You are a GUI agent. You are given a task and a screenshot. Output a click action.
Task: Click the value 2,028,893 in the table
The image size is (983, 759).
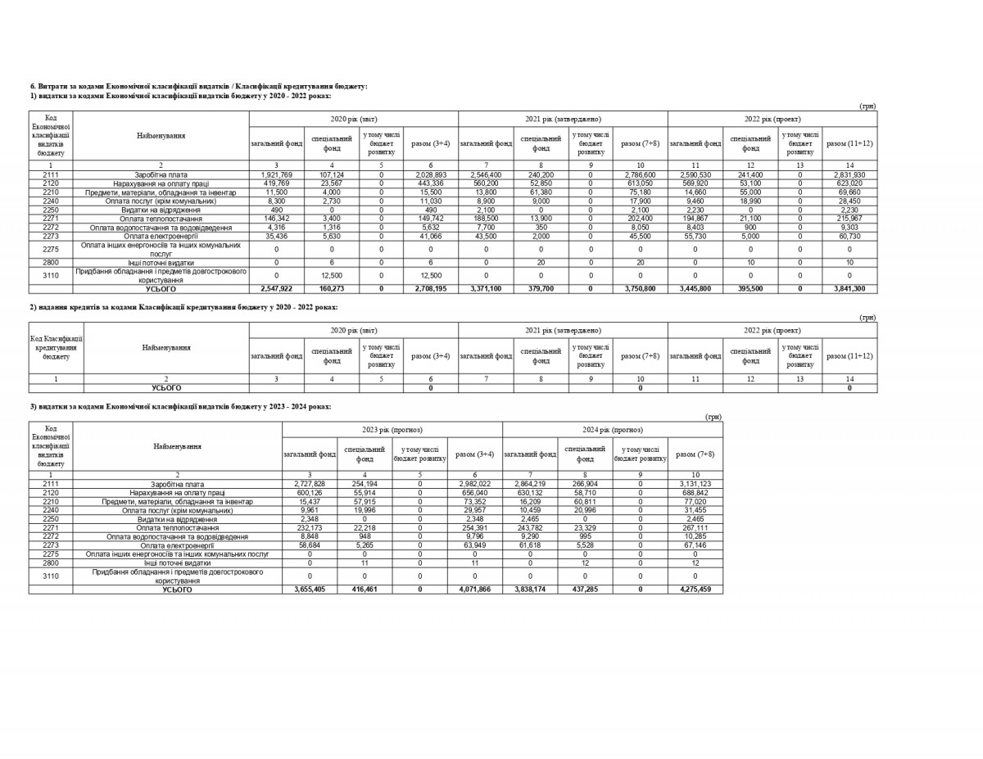point(431,174)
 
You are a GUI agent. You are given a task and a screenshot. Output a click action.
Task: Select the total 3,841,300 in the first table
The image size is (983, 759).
point(849,289)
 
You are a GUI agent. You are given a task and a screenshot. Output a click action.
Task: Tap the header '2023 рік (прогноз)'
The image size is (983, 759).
point(392,430)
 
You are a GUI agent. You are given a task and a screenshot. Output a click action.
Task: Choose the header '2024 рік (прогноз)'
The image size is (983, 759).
point(613,430)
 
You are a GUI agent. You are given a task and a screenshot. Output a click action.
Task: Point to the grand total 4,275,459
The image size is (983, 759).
point(695,590)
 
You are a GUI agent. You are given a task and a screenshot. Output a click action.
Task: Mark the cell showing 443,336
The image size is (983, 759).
point(431,183)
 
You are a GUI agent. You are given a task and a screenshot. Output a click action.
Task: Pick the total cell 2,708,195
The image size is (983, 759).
point(431,289)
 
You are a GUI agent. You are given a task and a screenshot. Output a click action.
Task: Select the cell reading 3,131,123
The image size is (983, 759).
point(695,484)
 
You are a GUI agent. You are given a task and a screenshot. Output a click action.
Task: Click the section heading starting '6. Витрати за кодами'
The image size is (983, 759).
point(198,86)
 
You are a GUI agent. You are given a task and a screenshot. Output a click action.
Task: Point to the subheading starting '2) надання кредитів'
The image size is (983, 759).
point(183,307)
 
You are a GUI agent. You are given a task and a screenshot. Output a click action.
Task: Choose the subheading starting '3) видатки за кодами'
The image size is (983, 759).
point(181,406)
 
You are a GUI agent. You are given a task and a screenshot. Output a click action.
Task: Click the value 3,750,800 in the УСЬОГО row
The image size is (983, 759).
point(640,289)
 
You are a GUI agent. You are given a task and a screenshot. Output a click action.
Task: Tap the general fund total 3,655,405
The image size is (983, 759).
point(310,590)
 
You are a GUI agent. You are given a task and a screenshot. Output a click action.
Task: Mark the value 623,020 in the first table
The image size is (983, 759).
point(849,183)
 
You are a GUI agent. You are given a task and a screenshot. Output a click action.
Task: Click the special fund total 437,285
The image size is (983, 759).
point(585,590)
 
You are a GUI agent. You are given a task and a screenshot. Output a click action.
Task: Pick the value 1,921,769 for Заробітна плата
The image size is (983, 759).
point(276,174)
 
